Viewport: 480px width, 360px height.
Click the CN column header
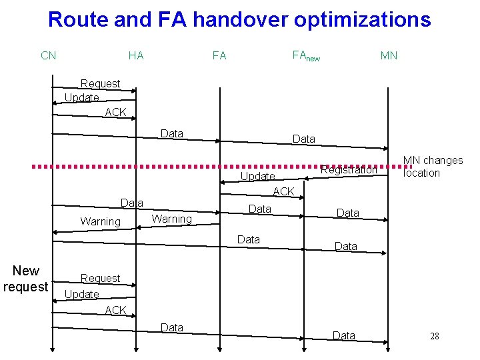tap(49, 55)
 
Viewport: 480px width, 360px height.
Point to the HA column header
tap(136, 55)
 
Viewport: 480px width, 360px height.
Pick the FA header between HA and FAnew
tap(219, 55)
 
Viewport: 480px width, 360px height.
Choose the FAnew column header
tap(306, 56)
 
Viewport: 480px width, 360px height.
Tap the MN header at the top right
tap(389, 55)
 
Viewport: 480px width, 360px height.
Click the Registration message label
tap(349, 170)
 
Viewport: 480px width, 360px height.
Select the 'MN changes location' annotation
tap(433, 167)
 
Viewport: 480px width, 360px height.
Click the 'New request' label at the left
tap(25, 279)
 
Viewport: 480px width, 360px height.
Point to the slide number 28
tap(434, 336)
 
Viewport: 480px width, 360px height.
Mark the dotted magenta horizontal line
tap(167, 165)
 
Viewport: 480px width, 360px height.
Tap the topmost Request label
tap(100, 83)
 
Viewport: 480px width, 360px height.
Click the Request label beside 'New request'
tap(100, 278)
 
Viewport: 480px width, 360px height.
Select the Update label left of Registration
tap(257, 177)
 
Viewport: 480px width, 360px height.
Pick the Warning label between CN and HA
tap(100, 221)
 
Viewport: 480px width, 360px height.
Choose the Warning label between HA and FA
tap(171, 219)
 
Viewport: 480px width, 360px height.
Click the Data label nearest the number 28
tap(344, 335)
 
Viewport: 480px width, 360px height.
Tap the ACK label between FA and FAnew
tap(283, 192)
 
